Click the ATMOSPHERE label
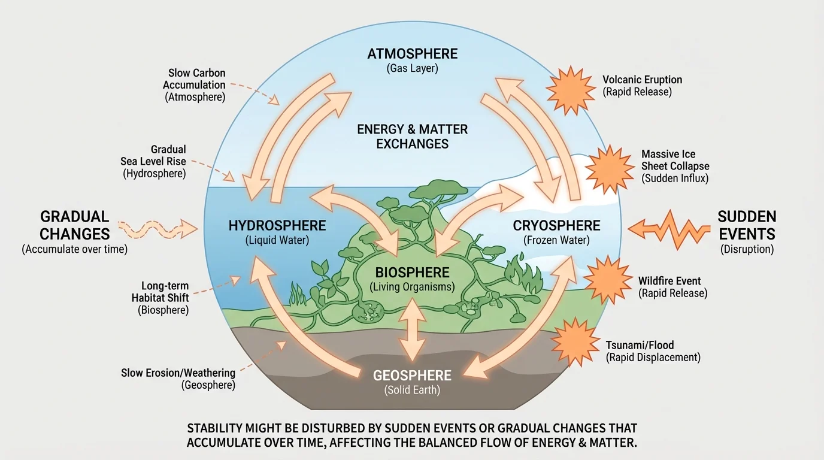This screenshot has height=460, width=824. [x=412, y=54]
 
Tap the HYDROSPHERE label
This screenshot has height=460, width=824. [x=277, y=226]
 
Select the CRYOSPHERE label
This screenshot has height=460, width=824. [x=556, y=226]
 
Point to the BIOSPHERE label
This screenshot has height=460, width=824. [x=412, y=274]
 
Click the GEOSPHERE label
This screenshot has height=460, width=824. [x=412, y=376]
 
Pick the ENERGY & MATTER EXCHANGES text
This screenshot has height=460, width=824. [x=412, y=136]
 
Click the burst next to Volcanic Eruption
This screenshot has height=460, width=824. [x=568, y=87]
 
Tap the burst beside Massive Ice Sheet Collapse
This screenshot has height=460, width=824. [x=608, y=169]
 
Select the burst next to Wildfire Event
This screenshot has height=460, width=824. [x=606, y=280]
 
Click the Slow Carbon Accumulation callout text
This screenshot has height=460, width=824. [x=195, y=85]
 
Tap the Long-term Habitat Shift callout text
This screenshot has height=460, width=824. [x=160, y=298]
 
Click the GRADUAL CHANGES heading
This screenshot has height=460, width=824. [x=74, y=225]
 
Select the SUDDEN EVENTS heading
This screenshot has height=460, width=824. [x=746, y=225]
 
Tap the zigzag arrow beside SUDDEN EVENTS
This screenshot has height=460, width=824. [x=669, y=228]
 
